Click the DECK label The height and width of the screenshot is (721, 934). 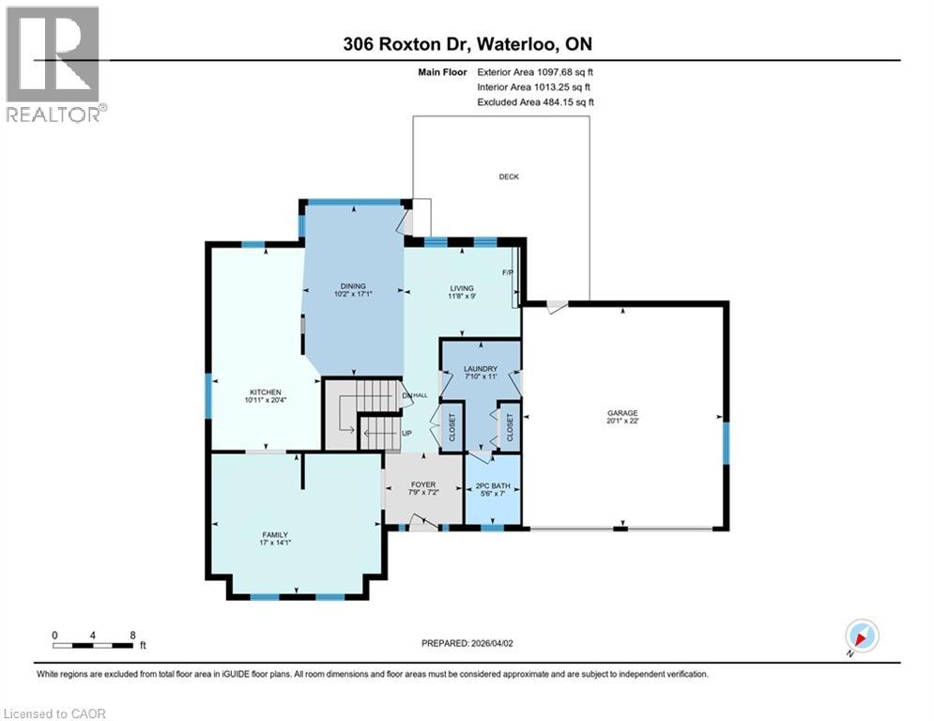coord(508,176)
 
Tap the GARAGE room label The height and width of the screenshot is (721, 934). coord(622,413)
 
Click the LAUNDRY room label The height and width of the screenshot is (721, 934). coord(480,369)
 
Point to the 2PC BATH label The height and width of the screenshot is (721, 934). coord(493,484)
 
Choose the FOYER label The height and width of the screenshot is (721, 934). coord(422,484)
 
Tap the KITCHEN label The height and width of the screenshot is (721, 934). coord(266,392)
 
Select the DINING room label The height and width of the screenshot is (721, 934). coord(353,286)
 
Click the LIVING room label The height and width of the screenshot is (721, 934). coord(461,288)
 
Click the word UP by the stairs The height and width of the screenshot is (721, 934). coord(406,434)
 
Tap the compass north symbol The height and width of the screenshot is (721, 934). coord(861,637)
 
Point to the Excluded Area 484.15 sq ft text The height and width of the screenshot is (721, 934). coord(535,102)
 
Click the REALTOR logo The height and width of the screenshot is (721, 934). coord(54,64)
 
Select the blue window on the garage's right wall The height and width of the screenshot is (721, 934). coord(726,443)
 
